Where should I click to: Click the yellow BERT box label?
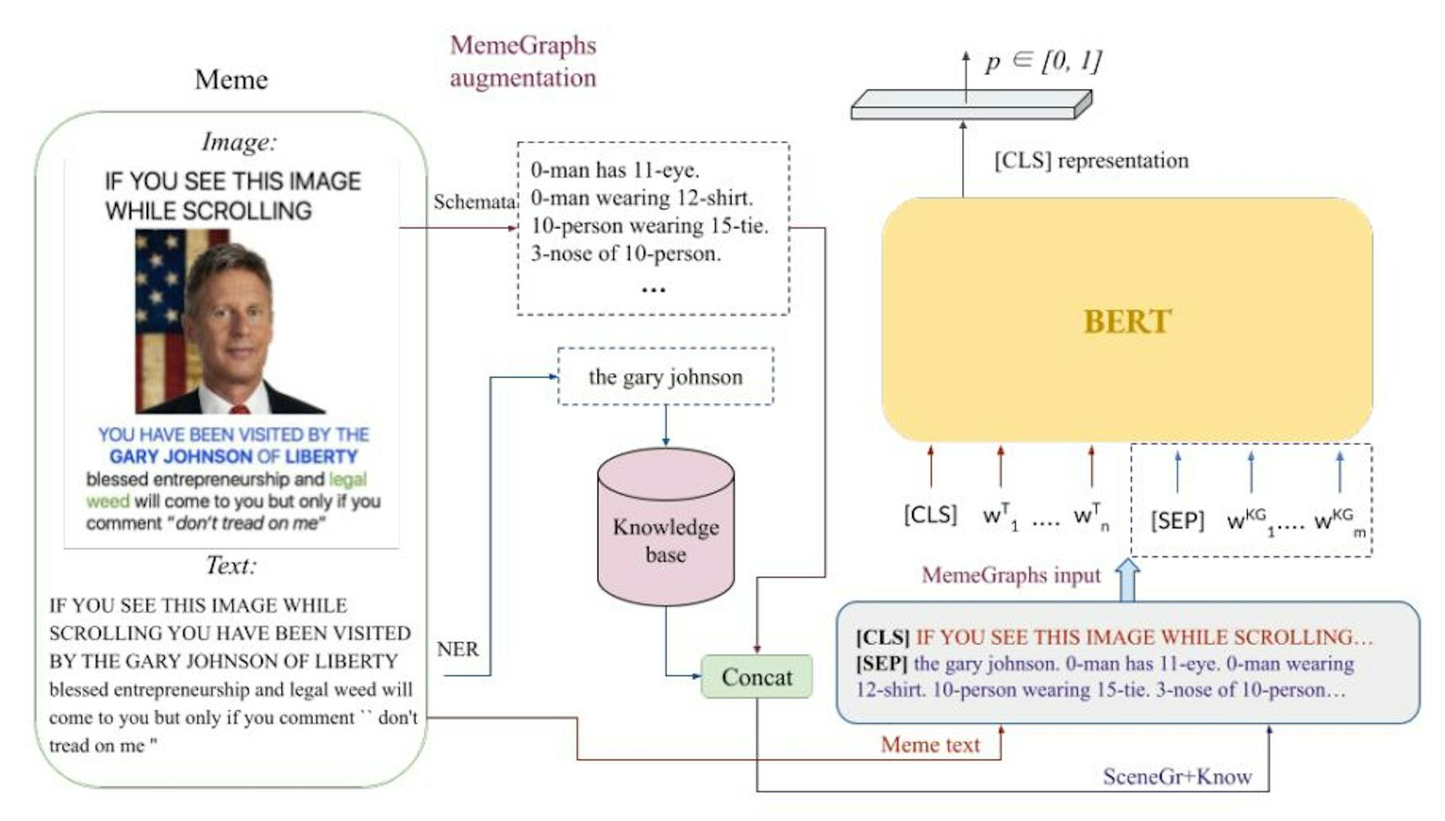click(x=1127, y=321)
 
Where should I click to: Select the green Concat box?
click(x=756, y=677)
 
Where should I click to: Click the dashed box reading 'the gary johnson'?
click(x=665, y=376)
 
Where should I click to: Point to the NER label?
click(x=458, y=649)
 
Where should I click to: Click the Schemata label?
click(x=474, y=202)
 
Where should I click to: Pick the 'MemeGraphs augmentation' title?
click(x=523, y=61)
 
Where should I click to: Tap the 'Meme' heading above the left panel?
click(x=231, y=79)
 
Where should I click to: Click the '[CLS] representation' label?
click(x=1091, y=160)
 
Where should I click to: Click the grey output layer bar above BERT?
click(x=970, y=105)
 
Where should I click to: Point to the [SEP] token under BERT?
click(x=1177, y=520)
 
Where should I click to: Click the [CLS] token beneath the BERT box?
click(x=930, y=515)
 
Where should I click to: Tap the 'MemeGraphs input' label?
click(x=1011, y=575)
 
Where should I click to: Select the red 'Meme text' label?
click(x=930, y=744)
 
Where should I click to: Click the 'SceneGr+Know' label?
click(x=1177, y=776)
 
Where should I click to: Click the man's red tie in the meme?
click(x=239, y=409)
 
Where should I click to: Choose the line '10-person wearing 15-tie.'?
click(x=649, y=226)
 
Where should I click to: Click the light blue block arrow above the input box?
click(x=1127, y=579)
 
